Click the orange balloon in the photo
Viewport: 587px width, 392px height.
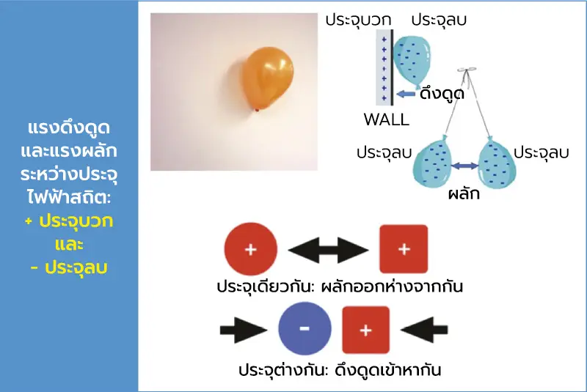pyautogui.click(x=267, y=79)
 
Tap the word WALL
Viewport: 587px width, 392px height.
pyautogui.click(x=387, y=119)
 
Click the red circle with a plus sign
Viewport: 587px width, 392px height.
pyautogui.click(x=251, y=249)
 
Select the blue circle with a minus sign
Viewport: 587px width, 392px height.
pyautogui.click(x=305, y=328)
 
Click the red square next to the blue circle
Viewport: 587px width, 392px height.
pyautogui.click(x=365, y=330)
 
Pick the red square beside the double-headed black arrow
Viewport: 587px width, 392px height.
pyautogui.click(x=404, y=249)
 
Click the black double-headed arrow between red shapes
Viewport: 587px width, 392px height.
pyautogui.click(x=328, y=250)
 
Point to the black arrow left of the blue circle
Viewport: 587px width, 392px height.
pyautogui.click(x=244, y=330)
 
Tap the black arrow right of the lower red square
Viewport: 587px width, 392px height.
pyautogui.click(x=424, y=330)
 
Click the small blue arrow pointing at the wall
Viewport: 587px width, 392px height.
pyautogui.click(x=406, y=94)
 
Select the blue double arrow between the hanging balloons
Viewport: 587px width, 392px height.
pyautogui.click(x=464, y=166)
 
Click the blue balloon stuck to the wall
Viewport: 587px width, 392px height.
pyautogui.click(x=412, y=62)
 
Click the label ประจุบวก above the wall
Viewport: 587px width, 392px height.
pyautogui.click(x=358, y=20)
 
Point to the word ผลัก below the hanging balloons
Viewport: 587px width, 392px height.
pyautogui.click(x=464, y=193)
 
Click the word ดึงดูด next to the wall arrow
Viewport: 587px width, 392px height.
pyautogui.click(x=442, y=93)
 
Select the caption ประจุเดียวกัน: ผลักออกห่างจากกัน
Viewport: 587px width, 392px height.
pyautogui.click(x=340, y=286)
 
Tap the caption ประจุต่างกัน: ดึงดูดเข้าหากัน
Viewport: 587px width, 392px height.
pyautogui.click(x=340, y=370)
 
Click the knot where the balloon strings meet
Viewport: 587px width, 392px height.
pyautogui.click(x=467, y=70)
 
